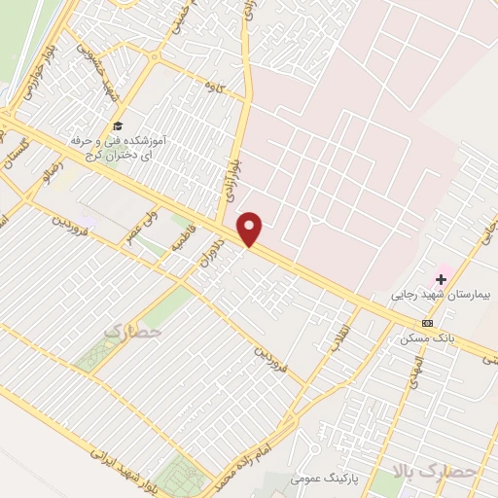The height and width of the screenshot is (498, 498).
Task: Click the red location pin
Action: click(x=251, y=229)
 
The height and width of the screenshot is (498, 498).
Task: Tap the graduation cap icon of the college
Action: click(x=118, y=126)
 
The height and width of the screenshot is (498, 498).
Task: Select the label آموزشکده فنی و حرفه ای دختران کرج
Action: click(x=119, y=148)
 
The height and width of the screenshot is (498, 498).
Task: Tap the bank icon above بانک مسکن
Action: click(x=427, y=323)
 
